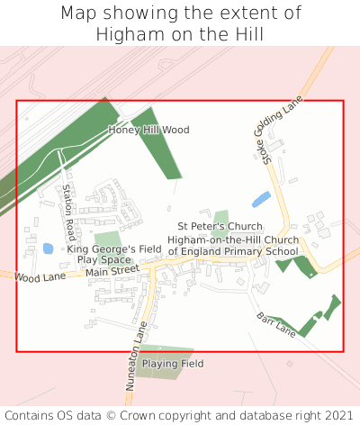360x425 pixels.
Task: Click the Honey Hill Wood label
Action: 148,130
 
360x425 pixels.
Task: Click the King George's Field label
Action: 113,249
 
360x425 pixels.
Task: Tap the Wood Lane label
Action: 40,277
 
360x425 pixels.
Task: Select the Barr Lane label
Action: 275,324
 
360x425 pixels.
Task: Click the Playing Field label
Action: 172,364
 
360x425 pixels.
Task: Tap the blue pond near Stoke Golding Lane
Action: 260,200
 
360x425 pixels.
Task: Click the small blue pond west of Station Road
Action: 48,249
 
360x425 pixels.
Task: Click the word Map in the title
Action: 79,14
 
